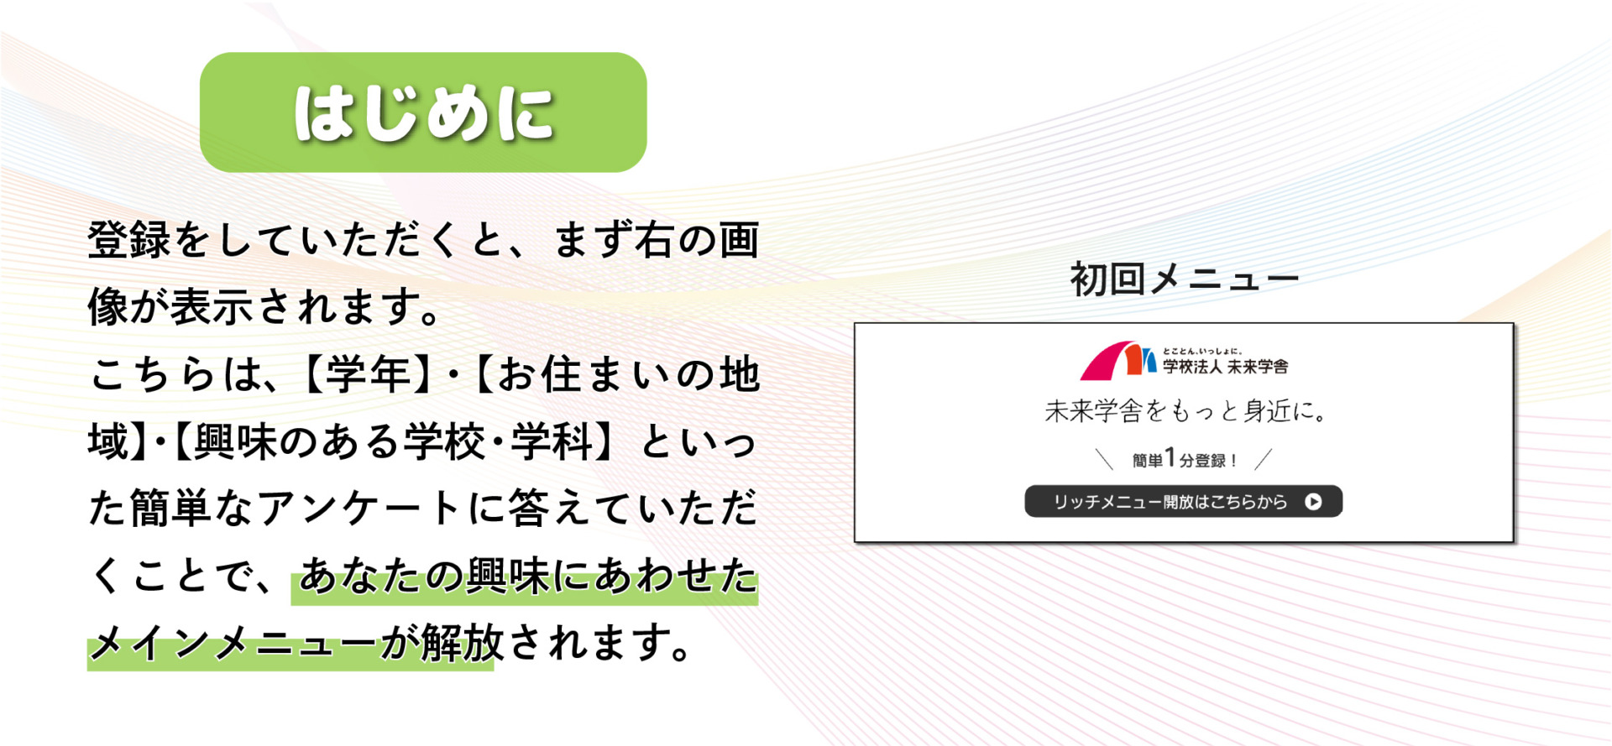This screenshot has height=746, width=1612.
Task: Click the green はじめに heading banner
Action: click(423, 112)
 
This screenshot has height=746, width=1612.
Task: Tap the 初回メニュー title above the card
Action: click(1184, 279)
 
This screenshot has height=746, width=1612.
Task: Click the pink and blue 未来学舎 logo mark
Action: click(1117, 361)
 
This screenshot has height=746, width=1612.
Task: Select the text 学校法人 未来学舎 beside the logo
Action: click(1225, 367)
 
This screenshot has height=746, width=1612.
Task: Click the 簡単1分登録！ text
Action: click(1184, 460)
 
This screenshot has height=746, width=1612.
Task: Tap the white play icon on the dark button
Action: click(1313, 502)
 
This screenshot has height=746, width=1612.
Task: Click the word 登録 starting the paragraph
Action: click(130, 240)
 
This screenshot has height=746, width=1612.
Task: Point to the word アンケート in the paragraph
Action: click(360, 509)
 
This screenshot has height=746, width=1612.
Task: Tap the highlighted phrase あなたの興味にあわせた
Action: click(528, 576)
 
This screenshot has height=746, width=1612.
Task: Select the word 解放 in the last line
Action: click(463, 643)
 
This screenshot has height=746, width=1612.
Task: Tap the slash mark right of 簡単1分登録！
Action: click(1263, 459)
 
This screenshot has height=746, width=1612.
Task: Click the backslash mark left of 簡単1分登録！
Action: click(1105, 459)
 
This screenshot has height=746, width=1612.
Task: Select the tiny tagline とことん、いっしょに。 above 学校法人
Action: click(1202, 351)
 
